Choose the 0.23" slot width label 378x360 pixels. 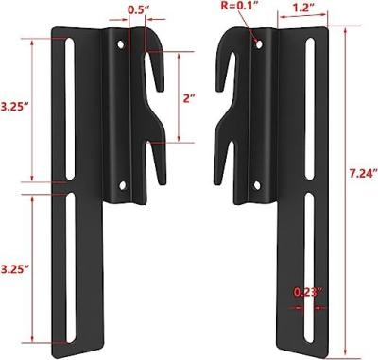pos(305,292)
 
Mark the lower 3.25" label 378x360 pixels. pos(13,269)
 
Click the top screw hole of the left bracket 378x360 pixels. pos(119,44)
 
